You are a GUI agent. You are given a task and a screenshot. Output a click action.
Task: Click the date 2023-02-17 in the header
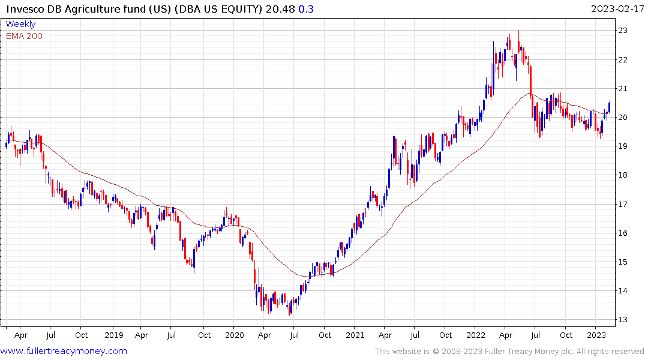pyautogui.click(x=616, y=9)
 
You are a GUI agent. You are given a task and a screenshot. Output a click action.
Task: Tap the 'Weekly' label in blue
pyautogui.click(x=20, y=25)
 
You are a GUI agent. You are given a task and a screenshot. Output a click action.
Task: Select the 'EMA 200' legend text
pyautogui.click(x=24, y=36)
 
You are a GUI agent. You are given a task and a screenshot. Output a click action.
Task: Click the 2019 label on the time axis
pyautogui.click(x=113, y=335)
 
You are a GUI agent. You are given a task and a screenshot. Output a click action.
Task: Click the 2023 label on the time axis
pyautogui.click(x=596, y=335)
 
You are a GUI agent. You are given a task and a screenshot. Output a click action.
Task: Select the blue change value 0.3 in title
pyautogui.click(x=306, y=9)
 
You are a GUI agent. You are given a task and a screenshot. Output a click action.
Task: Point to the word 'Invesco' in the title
pyautogui.click(x=25, y=9)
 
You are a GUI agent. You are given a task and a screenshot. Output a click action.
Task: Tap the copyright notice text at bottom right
pyautogui.click(x=509, y=352)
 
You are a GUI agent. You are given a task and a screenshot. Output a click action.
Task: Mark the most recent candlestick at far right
pyautogui.click(x=609, y=107)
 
